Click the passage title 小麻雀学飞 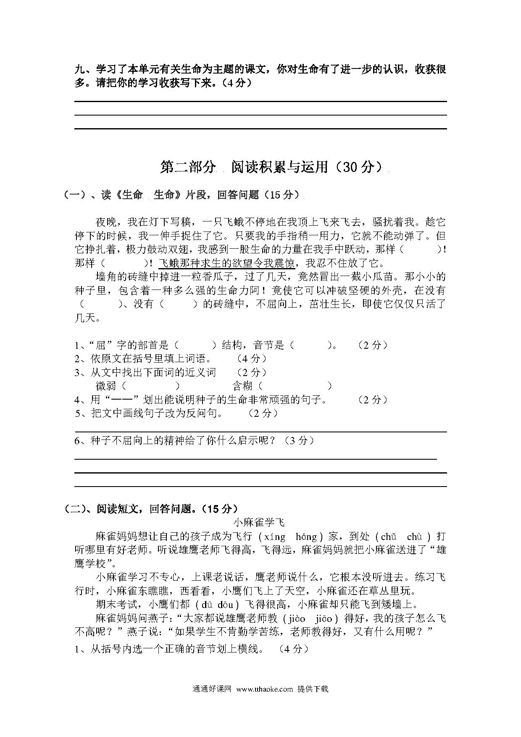coord(259,522)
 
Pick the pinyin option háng coord(306,537)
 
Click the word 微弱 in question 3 coord(107,386)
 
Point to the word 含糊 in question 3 coord(243,386)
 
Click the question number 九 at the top coord(80,69)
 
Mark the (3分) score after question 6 coord(299,441)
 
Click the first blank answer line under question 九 coord(260,101)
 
